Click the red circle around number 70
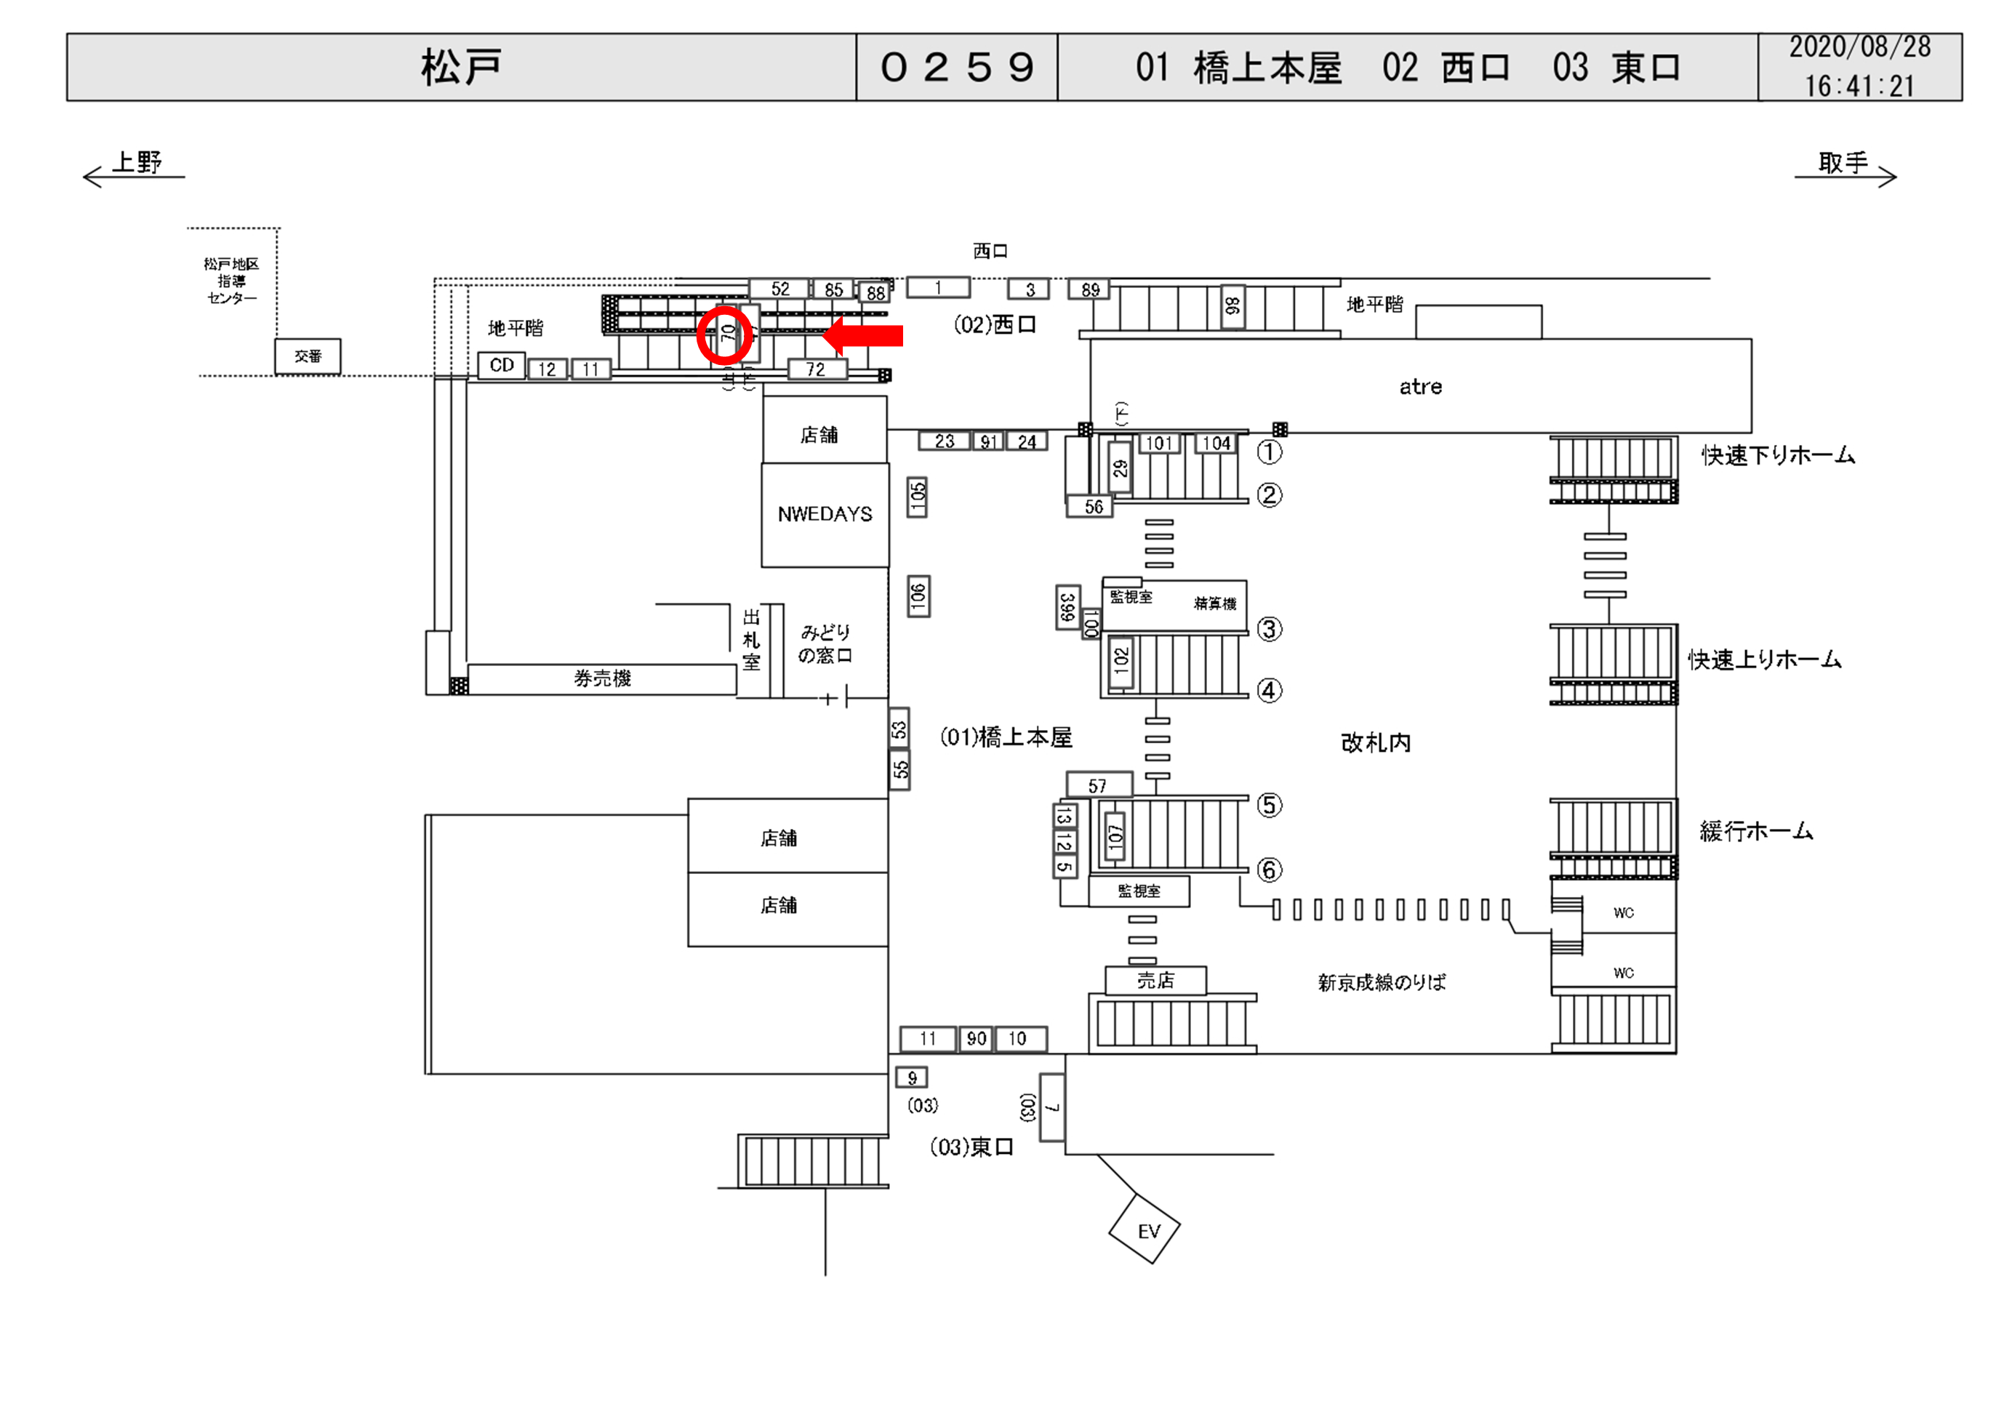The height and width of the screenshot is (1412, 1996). [x=724, y=334]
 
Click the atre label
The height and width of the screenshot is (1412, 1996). [x=1421, y=387]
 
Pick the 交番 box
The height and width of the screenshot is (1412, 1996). [x=308, y=356]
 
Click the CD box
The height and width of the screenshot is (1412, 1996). [x=502, y=365]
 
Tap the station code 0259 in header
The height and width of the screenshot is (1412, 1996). [x=956, y=68]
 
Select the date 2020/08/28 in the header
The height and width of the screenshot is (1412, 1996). [x=1859, y=48]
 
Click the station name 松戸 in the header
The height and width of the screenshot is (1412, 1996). [x=461, y=68]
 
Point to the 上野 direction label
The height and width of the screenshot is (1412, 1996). [x=137, y=163]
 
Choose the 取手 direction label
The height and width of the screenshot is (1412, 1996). [x=1843, y=163]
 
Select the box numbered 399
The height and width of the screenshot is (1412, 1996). [x=1067, y=607]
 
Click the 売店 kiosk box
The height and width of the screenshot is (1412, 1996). [x=1155, y=980]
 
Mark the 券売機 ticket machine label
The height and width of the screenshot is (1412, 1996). [x=601, y=679]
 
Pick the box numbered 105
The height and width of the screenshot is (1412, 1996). [x=917, y=497]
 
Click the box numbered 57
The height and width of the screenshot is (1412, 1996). [x=1099, y=785]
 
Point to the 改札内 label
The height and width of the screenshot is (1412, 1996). [x=1375, y=742]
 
